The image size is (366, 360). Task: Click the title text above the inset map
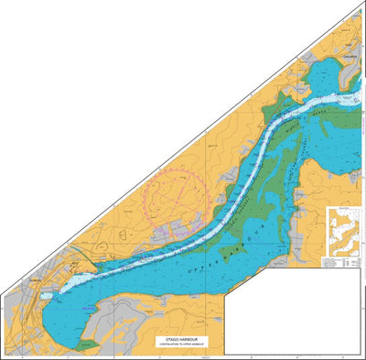[343, 210]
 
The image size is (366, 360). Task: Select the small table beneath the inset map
[343, 262]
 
